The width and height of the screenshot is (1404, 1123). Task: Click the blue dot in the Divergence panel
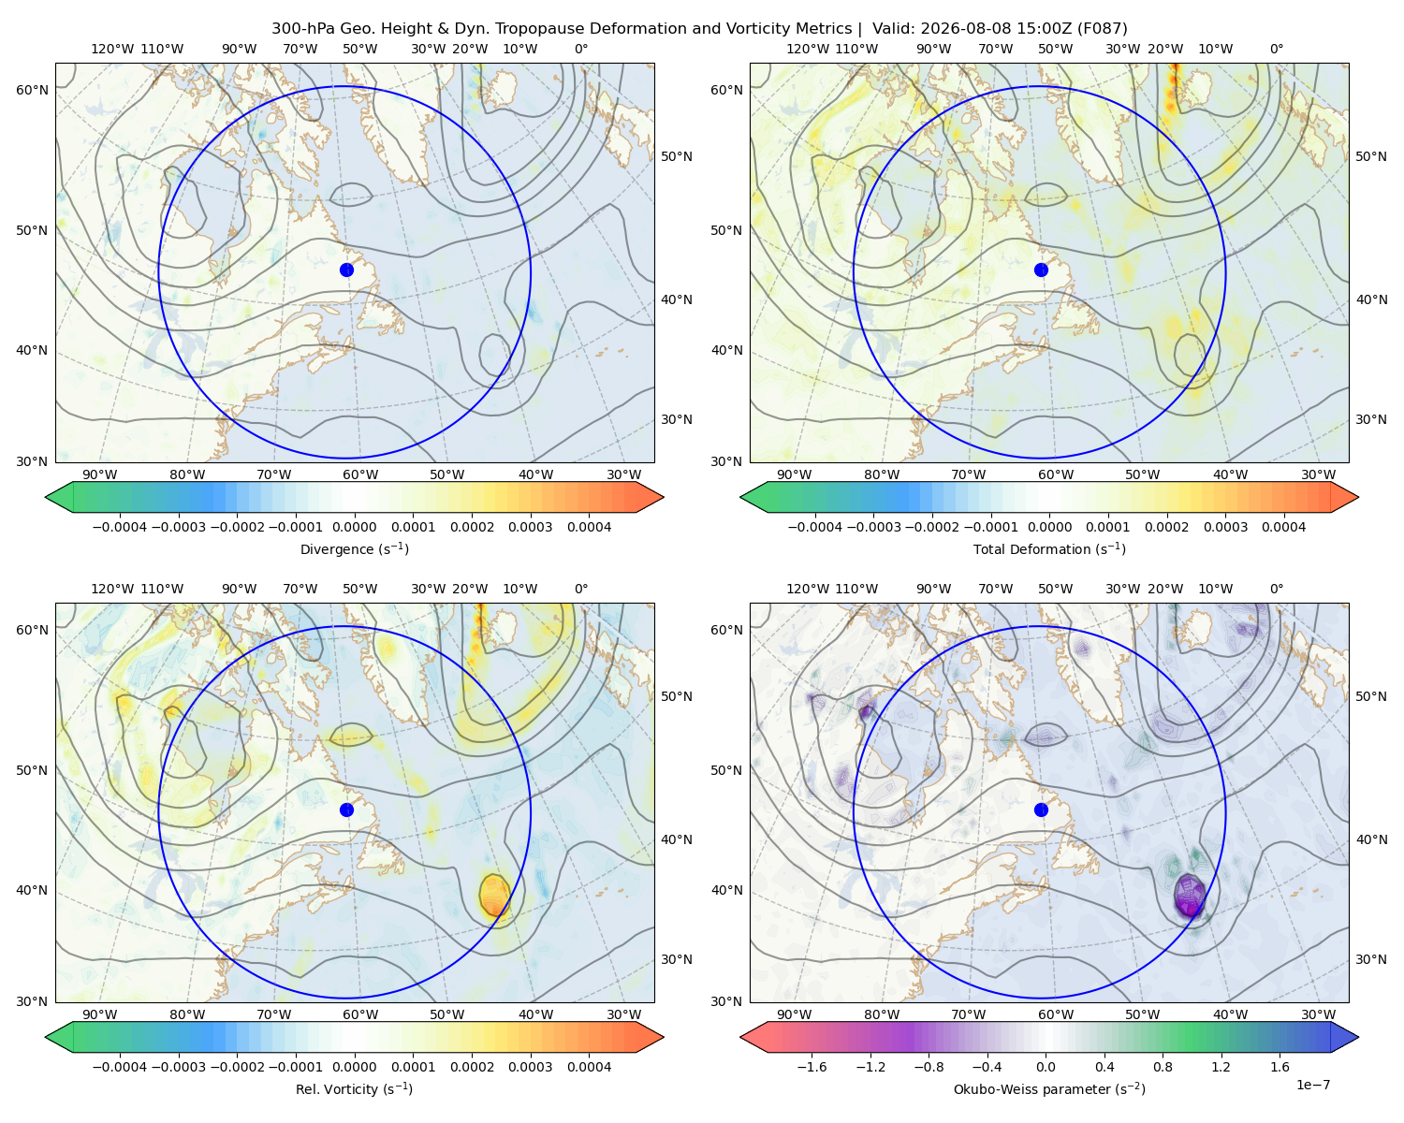[346, 270]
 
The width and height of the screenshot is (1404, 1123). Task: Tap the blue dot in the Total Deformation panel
[1041, 270]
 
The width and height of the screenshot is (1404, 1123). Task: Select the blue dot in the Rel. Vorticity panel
[346, 809]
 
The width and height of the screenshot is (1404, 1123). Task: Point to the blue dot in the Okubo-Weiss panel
[1041, 809]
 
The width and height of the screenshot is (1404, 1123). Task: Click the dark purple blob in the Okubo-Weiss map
[1190, 897]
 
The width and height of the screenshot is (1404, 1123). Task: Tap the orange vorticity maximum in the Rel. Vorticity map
[494, 896]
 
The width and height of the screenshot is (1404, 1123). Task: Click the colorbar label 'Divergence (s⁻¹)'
[354, 548]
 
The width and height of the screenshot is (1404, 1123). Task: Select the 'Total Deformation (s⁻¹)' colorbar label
[1049, 548]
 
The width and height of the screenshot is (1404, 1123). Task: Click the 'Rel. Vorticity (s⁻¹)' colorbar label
[354, 1089]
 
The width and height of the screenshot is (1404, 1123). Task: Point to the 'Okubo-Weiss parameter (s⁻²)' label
[1049, 1089]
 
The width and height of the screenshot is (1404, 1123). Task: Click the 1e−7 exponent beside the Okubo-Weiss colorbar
[1312, 1085]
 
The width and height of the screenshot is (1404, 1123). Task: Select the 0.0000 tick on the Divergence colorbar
[354, 527]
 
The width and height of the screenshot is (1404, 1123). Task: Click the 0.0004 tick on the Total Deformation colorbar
[1283, 527]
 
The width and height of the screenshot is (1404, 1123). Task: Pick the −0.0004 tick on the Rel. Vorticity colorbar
[120, 1067]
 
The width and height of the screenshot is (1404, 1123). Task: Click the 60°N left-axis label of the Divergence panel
[32, 90]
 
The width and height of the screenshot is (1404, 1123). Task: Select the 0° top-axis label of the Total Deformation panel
[1276, 49]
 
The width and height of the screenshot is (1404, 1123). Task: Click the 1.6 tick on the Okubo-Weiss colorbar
[1280, 1067]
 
